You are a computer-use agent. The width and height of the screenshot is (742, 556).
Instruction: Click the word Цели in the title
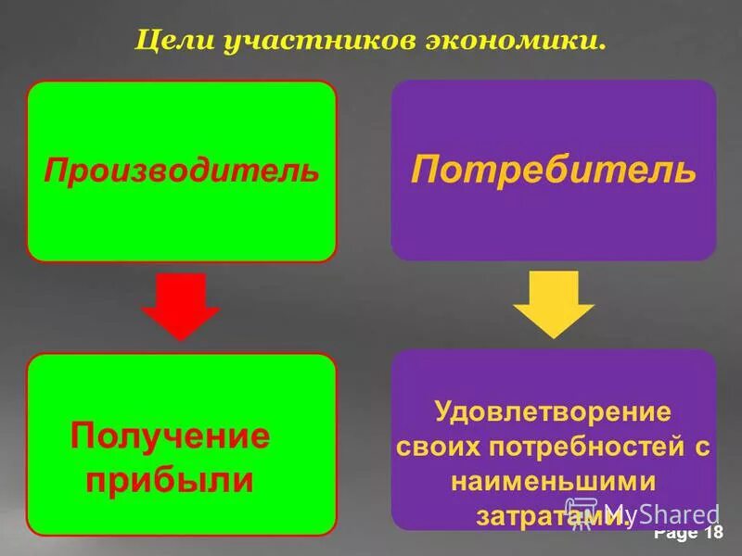pos(171,42)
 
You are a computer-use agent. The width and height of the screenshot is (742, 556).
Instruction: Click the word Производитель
pos(182,171)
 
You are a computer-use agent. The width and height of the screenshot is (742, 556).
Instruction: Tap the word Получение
pos(170,436)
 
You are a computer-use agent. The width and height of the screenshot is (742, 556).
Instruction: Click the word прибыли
pos(170,479)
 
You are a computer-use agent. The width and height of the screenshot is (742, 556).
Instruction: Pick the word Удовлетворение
pos(554,411)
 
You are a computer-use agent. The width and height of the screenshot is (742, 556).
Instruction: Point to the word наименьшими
pos(554,482)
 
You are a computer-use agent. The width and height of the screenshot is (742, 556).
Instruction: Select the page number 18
pos(713,533)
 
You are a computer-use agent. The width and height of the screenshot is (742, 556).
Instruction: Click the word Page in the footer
pos(675,534)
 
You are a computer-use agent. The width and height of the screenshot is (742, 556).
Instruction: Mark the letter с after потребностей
pos(702,448)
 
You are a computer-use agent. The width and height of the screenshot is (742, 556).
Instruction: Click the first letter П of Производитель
pos(55,171)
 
